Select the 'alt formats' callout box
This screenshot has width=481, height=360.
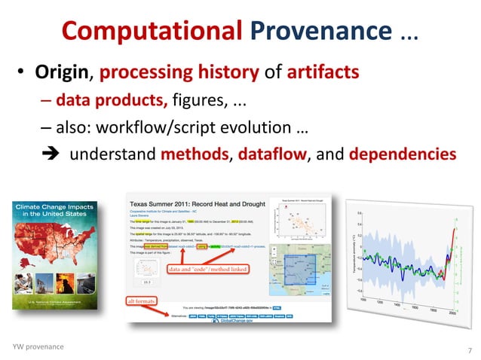click(139, 302)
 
